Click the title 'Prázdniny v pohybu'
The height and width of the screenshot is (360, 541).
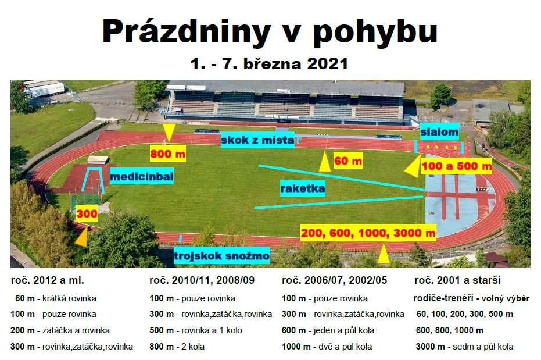(270, 33)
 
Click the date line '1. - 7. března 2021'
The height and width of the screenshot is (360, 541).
(269, 64)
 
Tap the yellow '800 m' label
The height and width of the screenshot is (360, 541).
(168, 154)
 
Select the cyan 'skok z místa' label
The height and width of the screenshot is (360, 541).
(258, 140)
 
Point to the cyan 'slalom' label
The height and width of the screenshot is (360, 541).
(439, 131)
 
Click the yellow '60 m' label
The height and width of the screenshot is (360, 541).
(347, 161)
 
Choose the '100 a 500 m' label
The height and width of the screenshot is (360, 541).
(457, 166)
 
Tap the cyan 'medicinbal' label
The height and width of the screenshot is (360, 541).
(141, 176)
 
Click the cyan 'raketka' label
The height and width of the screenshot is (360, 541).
(303, 188)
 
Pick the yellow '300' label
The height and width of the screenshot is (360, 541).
(87, 213)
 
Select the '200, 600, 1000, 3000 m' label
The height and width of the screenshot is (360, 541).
(368, 233)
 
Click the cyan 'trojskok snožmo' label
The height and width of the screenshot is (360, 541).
(221, 255)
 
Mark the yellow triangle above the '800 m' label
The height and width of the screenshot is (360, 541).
(169, 131)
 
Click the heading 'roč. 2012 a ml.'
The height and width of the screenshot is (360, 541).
(48, 280)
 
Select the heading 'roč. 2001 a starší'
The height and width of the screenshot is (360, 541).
(457, 280)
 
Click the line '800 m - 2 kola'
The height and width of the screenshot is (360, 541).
(177, 347)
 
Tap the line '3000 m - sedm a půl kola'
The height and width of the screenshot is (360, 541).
(464, 347)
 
